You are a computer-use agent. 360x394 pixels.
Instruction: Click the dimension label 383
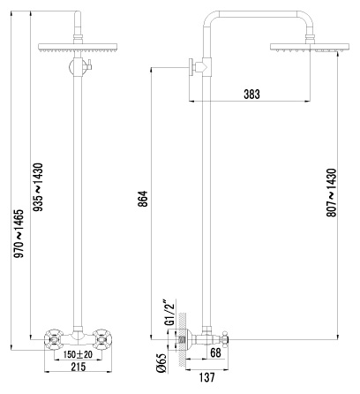[x=251, y=95]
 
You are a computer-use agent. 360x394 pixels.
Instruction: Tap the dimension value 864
[x=143, y=199]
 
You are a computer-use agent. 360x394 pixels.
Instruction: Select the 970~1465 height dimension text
[x=19, y=233]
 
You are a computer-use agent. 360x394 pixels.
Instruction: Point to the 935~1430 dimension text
[x=38, y=187]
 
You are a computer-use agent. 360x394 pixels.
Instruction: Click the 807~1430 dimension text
[x=331, y=193]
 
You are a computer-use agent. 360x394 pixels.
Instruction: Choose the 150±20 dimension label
[x=78, y=354]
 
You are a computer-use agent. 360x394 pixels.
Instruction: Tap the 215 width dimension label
[x=79, y=367]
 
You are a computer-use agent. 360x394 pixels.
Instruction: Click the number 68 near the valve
[x=215, y=352]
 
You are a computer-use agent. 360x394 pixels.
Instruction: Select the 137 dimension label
[x=207, y=377]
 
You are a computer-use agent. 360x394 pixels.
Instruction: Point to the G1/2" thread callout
[x=170, y=313]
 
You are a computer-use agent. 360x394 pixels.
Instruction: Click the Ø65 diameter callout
[x=161, y=363]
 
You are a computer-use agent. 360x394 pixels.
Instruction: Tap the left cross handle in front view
[x=54, y=340]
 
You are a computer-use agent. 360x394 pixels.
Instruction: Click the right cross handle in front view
[x=102, y=340]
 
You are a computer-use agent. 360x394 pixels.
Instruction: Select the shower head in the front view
[x=78, y=48]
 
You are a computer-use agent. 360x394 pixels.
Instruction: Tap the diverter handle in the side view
[x=191, y=67]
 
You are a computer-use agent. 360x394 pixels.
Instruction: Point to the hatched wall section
[x=182, y=340]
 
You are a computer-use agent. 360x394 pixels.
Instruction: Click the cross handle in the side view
[x=225, y=339]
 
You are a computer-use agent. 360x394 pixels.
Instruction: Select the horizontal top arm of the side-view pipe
[x=259, y=14]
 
